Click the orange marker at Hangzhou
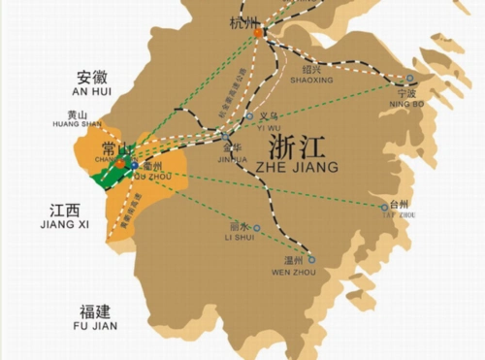tap(258, 33)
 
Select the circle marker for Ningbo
tap(409, 79)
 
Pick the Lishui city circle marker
tap(257, 229)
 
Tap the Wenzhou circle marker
tap(310, 258)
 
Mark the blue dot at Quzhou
tap(135, 166)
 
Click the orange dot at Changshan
tap(120, 163)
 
